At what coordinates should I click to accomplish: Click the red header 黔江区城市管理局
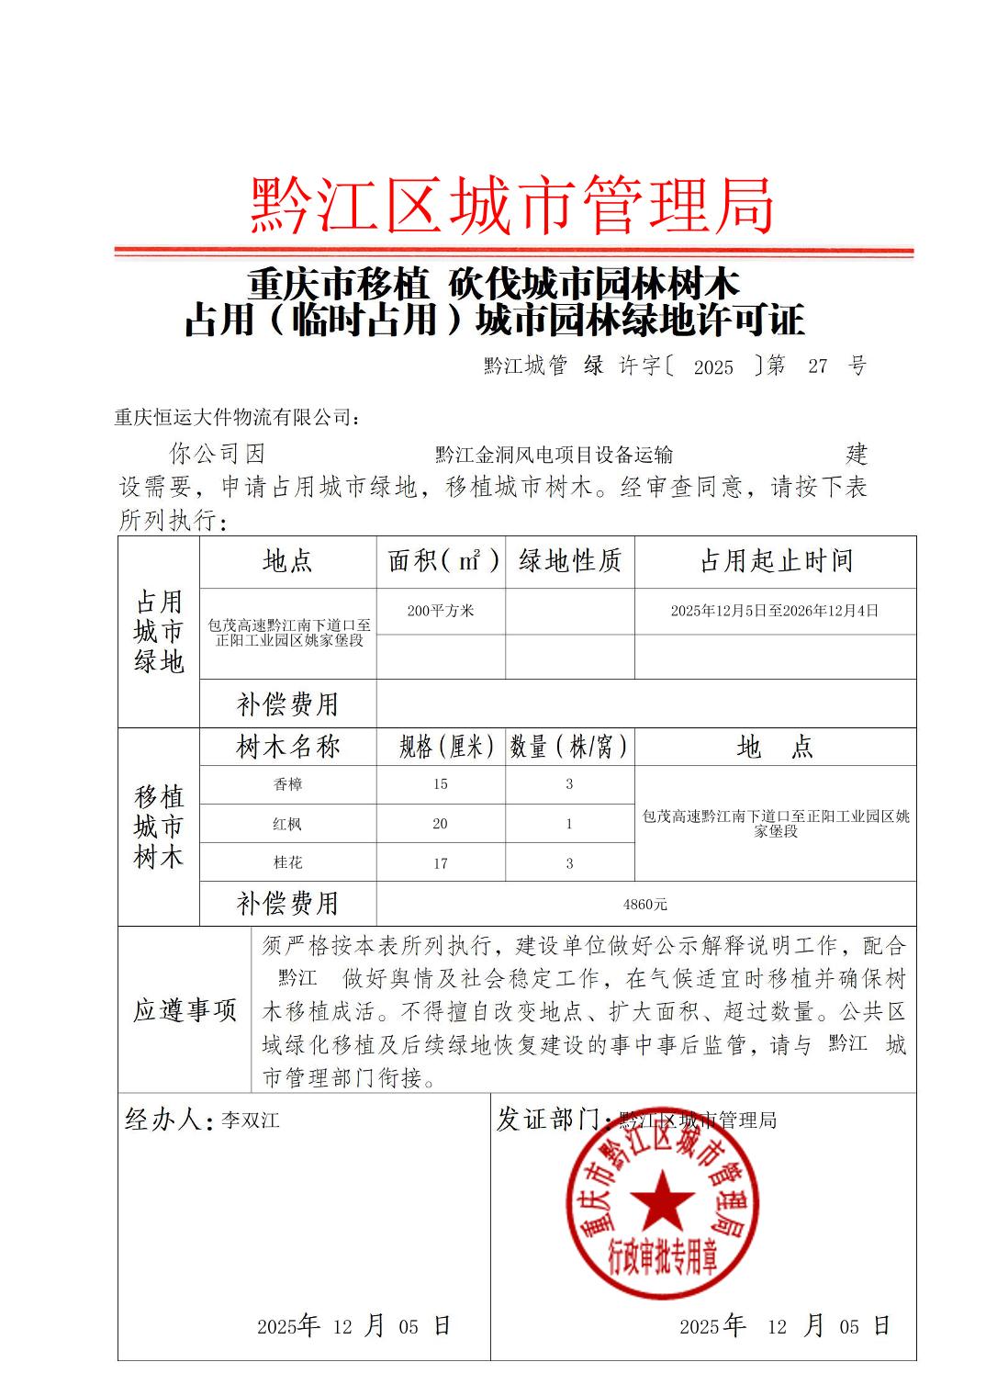[512, 206]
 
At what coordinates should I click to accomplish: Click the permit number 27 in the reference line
[817, 366]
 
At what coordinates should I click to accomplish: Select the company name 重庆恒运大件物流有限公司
[237, 418]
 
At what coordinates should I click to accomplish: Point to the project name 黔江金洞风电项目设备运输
[554, 455]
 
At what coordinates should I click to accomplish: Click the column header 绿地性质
[570, 561]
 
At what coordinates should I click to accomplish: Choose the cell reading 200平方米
[441, 611]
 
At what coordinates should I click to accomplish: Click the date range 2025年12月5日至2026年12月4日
[775, 611]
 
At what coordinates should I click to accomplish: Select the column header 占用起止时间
[776, 561]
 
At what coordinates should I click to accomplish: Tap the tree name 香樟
[287, 784]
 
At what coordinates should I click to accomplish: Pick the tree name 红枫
[287, 825]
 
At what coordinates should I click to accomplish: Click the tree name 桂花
[287, 863]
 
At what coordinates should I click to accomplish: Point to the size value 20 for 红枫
[441, 825]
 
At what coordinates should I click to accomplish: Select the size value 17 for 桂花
[441, 863]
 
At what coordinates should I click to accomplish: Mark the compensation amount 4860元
[645, 905]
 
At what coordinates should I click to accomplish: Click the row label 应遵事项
[185, 1010]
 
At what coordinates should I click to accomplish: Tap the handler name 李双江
[250, 1120]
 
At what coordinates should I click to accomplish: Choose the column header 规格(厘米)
[446, 747]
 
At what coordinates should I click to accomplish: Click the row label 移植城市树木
[159, 827]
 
